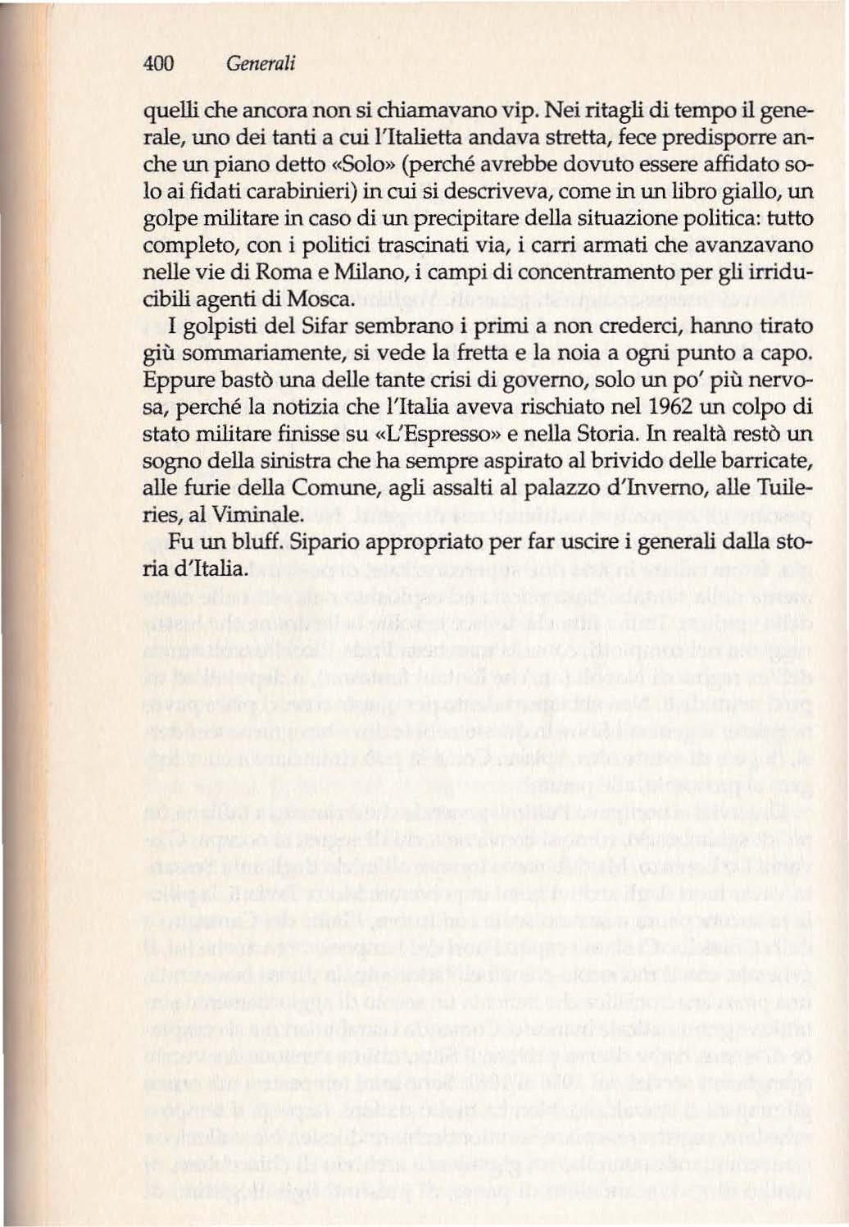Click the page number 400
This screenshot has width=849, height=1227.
coord(159,63)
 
